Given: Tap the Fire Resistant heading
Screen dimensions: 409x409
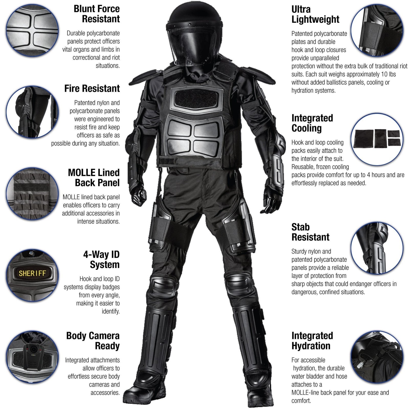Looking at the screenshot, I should pyautogui.click(x=92, y=89).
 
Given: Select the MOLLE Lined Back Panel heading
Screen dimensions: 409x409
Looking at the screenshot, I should pyautogui.click(x=94, y=178).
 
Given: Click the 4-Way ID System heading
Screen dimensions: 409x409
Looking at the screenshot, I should pyautogui.click(x=102, y=259).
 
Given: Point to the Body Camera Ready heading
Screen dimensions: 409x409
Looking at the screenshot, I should pyautogui.click(x=93, y=341).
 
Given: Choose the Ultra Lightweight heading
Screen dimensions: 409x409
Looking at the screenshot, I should pyautogui.click(x=315, y=15).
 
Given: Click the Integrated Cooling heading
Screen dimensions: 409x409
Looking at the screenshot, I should pyautogui.click(x=312, y=123).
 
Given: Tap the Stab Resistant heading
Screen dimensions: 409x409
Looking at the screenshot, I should pyautogui.click(x=310, y=232).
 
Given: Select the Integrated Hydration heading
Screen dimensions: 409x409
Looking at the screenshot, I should pyautogui.click(x=312, y=341).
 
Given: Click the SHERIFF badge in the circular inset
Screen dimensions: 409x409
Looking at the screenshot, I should pyautogui.click(x=32, y=273).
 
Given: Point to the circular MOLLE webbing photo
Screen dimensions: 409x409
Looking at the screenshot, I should pyautogui.click(x=32, y=194).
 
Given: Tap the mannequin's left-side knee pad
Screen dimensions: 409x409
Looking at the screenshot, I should pyautogui.click(x=160, y=286).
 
